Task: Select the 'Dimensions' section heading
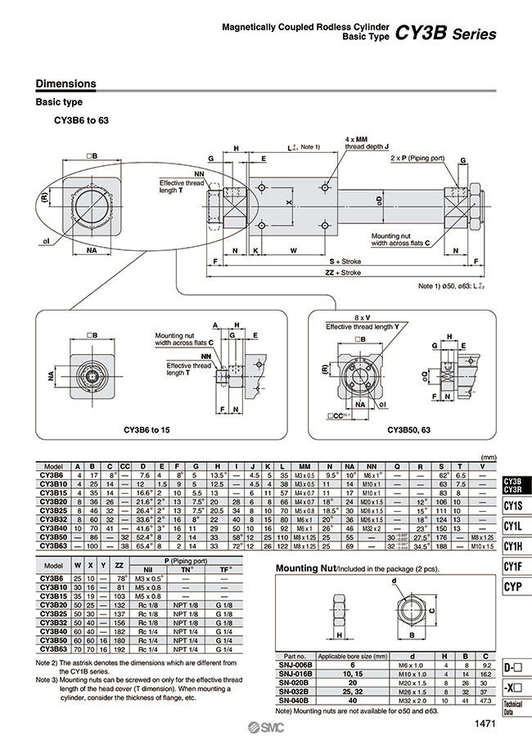pyautogui.click(x=66, y=83)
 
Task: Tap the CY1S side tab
pyautogui.click(x=513, y=506)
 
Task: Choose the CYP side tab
pyautogui.click(x=513, y=586)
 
